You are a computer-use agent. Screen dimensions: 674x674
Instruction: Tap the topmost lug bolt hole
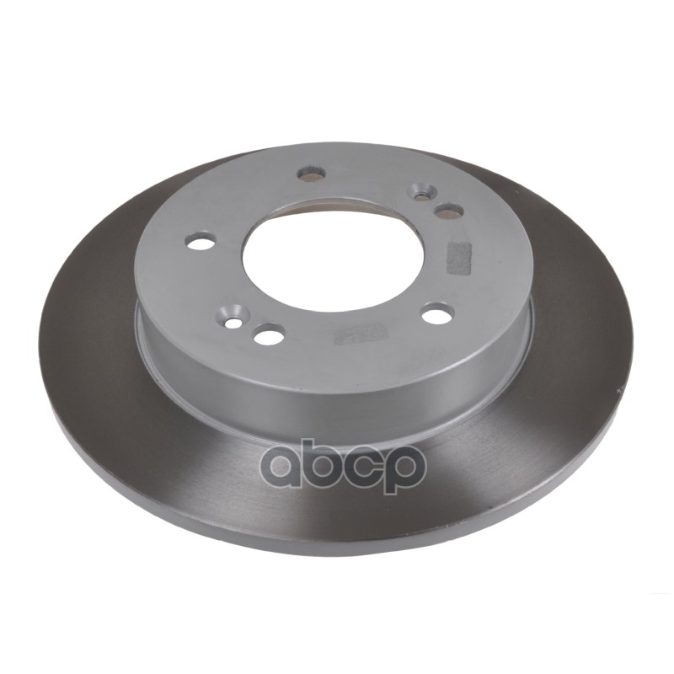[311, 173]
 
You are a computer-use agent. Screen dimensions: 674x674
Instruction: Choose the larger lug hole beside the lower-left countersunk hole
[270, 334]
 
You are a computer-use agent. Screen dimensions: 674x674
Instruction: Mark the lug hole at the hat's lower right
[437, 313]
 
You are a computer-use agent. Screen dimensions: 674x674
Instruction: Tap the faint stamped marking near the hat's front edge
[361, 333]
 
